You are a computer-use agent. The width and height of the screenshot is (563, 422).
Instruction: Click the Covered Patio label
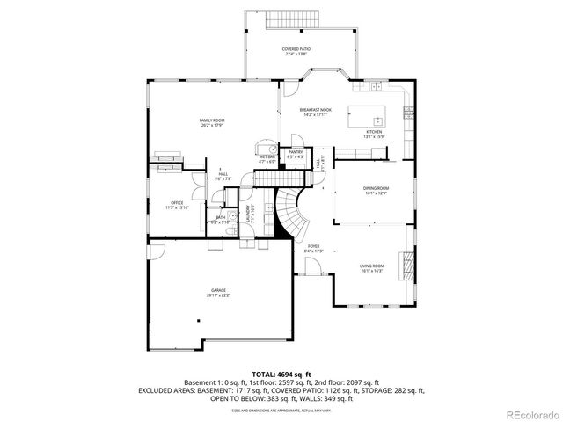pos(296,51)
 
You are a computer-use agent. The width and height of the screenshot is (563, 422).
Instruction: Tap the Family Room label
pos(212,121)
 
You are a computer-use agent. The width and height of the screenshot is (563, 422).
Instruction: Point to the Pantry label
pos(296,155)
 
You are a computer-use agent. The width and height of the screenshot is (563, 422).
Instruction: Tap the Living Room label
pos(372,267)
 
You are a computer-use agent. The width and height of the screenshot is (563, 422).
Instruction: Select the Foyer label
pos(314,249)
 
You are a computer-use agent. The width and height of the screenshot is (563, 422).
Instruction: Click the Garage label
pos(218,293)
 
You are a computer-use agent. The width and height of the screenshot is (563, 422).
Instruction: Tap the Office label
pos(178,205)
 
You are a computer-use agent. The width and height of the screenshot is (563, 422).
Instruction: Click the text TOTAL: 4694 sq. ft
pos(281,374)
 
